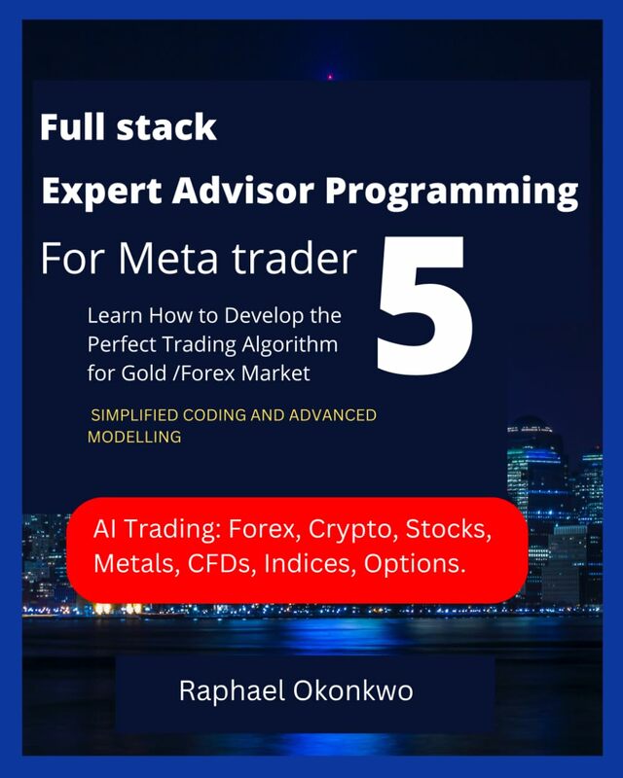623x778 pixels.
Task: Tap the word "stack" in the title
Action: [x=166, y=127]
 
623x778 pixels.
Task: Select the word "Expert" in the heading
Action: [x=102, y=193]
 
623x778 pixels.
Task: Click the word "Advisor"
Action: [x=243, y=191]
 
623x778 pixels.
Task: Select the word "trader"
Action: [x=295, y=259]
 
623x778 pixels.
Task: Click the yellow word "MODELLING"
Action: [x=134, y=437]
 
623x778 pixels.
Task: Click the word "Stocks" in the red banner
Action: [x=449, y=529]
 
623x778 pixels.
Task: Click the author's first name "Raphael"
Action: [x=232, y=691]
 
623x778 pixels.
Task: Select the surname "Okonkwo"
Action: [x=352, y=690]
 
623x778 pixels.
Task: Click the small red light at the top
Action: [x=330, y=77]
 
